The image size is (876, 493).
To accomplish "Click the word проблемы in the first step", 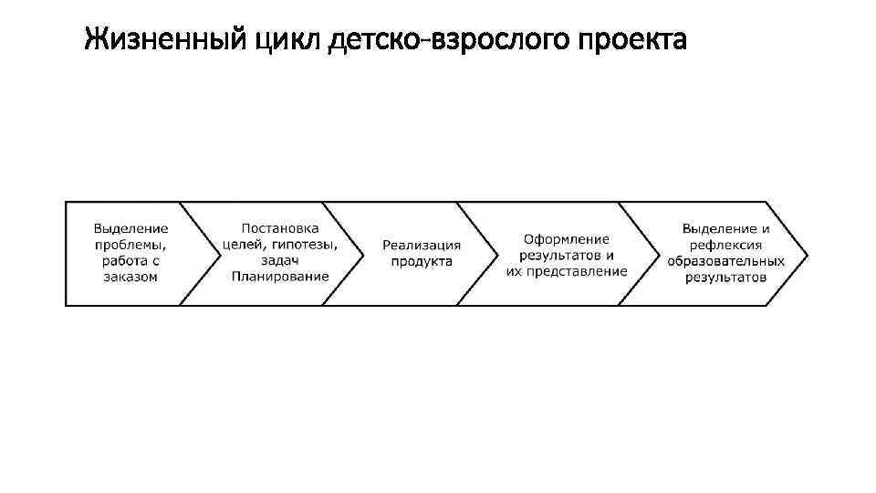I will pyautogui.click(x=130, y=245).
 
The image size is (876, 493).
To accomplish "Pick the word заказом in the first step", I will pyautogui.click(x=130, y=277).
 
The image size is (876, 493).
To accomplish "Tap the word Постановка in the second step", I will pyautogui.click(x=280, y=228).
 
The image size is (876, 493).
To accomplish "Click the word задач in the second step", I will pyautogui.click(x=280, y=260).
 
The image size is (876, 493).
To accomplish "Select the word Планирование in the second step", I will pyautogui.click(x=280, y=277).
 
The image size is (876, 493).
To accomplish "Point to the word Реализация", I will pyautogui.click(x=422, y=245).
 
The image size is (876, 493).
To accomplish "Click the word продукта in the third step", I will pyautogui.click(x=422, y=261).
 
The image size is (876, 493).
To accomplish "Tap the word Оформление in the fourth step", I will pyautogui.click(x=567, y=238).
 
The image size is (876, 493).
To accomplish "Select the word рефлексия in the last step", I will pyautogui.click(x=725, y=245).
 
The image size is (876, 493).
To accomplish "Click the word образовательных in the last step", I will pyautogui.click(x=725, y=261).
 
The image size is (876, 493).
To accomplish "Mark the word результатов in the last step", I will pyautogui.click(x=725, y=277).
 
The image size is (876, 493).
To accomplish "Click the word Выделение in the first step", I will pyautogui.click(x=130, y=228).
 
